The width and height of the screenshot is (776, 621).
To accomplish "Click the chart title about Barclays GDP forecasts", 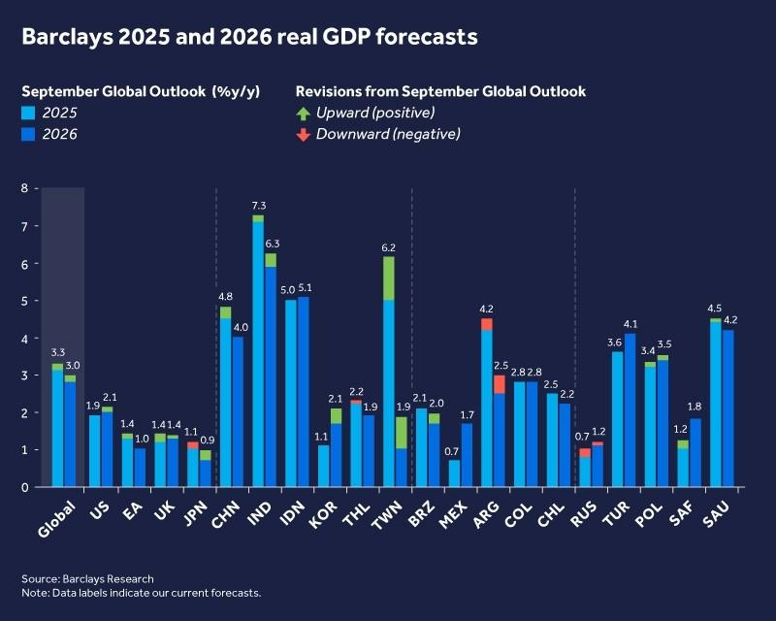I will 250,37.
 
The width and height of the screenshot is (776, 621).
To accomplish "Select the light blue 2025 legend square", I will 29,114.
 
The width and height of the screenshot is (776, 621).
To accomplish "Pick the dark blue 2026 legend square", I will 29,135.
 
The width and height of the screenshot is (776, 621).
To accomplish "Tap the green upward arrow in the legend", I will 303,114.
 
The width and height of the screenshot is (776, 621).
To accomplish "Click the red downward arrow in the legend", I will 303,135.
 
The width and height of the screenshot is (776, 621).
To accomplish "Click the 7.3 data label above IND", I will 258,207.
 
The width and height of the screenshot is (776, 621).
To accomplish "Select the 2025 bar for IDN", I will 291,393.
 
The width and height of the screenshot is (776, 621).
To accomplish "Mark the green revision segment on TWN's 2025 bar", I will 388,278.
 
